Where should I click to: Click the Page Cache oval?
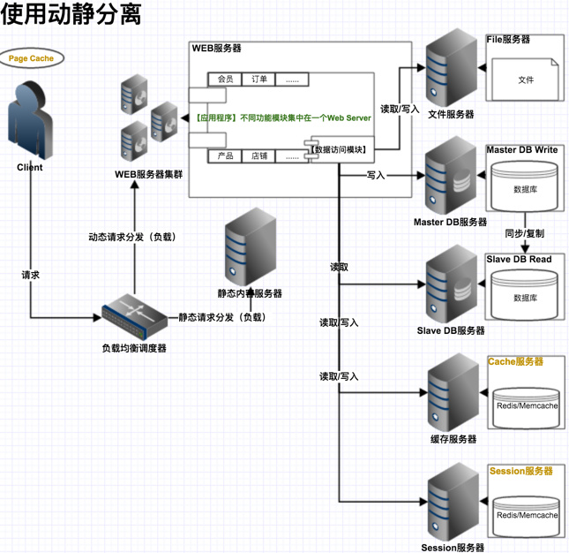[x=32, y=58]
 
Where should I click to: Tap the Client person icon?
[x=29, y=120]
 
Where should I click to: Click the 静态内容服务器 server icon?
[x=250, y=246]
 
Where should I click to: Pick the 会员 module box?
[x=225, y=80]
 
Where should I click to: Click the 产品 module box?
[x=225, y=156]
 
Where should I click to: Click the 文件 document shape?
[x=525, y=80]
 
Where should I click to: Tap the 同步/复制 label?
[x=524, y=234]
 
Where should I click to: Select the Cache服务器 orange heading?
[x=515, y=362]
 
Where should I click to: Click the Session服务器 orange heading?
[x=520, y=472]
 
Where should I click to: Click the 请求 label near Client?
[x=31, y=276]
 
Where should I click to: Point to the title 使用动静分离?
[x=71, y=15]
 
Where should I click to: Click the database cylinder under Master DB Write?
[x=525, y=186]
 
